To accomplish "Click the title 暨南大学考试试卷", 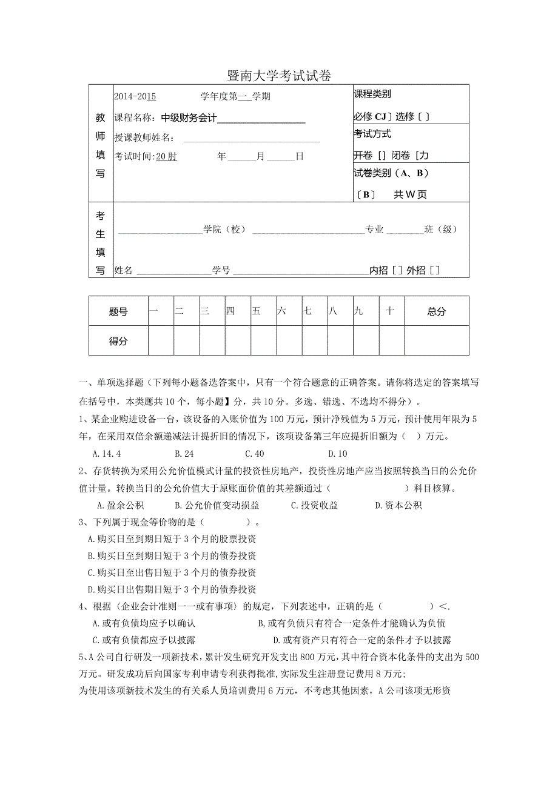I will point(279,76).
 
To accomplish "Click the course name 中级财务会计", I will point(189,118).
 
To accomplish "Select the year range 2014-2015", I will point(135,96).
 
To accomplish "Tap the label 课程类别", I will point(372,94).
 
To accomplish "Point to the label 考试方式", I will point(372,134).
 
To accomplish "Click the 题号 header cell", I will point(118,311).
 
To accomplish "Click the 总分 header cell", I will point(436,311).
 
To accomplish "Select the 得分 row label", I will point(118,341).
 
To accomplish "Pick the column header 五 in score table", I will point(257,311).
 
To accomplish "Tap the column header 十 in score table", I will point(390,311).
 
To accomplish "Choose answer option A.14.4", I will point(107,453).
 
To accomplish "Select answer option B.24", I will point(184,453).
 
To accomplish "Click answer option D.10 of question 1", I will point(338,453).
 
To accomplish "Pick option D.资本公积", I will point(398,505).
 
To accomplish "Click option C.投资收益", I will point(314,505).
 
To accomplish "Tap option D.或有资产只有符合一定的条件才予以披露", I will point(362,640).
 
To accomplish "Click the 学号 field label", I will point(221,271).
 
